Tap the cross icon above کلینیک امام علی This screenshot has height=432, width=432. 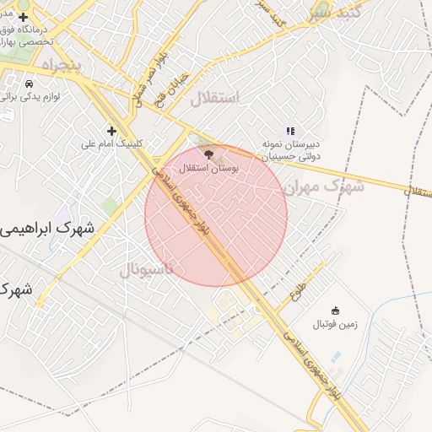tap(111, 130)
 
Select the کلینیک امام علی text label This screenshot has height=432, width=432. tap(113, 143)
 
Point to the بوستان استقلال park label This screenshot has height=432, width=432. tap(210, 168)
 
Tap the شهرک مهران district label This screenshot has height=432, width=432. tap(324, 186)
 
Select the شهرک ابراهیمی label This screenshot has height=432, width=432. tap(46, 229)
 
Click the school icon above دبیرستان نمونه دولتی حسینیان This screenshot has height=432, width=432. tap(290, 131)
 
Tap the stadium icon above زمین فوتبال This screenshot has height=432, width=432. tap(336, 310)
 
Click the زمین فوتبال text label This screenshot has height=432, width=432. tap(336, 324)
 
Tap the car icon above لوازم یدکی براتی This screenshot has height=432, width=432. tap(30, 84)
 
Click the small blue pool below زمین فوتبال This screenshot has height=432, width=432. tap(337, 357)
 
